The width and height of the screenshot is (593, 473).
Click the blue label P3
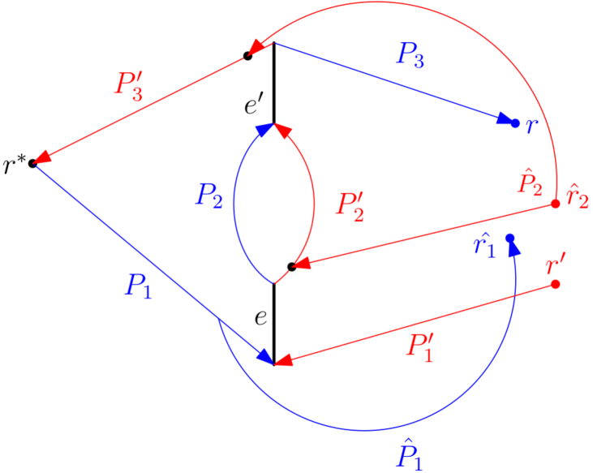coord(410,54)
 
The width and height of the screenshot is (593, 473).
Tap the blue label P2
coord(208,196)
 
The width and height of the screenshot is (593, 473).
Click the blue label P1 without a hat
coord(137,286)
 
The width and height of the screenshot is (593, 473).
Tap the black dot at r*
coord(32,164)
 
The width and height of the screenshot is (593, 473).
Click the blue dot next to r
coord(514,123)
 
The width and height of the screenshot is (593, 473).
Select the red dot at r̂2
coord(556,204)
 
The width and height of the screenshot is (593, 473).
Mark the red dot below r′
coord(556,284)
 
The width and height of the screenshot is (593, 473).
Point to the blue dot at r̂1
coord(510,238)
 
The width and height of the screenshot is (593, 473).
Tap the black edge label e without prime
coord(260,316)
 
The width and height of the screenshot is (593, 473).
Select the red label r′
coord(556,264)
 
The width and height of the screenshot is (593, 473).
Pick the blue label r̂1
coord(484,245)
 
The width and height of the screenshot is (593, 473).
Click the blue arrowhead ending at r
coord(504,121)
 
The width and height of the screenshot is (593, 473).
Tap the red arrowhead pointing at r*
coord(43,157)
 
